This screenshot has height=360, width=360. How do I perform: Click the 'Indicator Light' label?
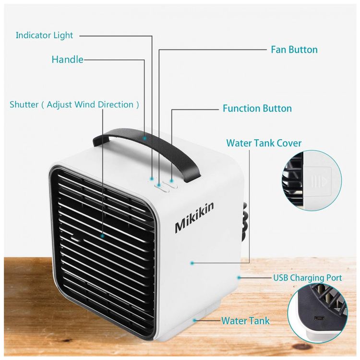[x=44, y=36]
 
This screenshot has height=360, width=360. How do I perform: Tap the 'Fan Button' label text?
[x=294, y=49]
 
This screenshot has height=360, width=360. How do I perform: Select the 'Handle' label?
[x=68, y=60]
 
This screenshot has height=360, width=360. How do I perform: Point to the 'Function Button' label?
[x=257, y=108]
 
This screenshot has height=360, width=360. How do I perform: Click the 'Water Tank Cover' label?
[x=264, y=143]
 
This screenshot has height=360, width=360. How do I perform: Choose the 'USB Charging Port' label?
[x=307, y=278]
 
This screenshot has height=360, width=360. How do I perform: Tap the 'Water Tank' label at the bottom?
[x=245, y=321]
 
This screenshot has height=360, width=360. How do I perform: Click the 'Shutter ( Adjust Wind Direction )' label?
[x=74, y=105]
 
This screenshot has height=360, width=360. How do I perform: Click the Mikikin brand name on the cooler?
[x=194, y=217]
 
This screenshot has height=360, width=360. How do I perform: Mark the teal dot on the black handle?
[x=144, y=138]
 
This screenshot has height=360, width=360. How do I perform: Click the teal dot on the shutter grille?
[x=102, y=236]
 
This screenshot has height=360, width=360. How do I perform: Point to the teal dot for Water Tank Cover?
[x=192, y=263]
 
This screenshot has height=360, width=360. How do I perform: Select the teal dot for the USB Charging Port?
[x=239, y=278]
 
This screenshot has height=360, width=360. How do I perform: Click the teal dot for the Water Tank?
[x=195, y=320]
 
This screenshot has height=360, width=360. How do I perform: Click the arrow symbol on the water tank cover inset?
[x=324, y=181]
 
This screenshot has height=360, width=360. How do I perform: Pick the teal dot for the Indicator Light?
[x=152, y=178]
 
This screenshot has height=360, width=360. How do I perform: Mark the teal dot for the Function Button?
[x=171, y=181]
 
